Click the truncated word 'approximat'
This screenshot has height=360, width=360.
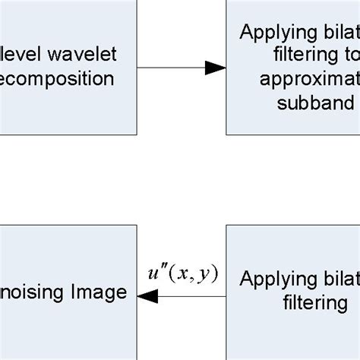pyautogui.click(x=308, y=80)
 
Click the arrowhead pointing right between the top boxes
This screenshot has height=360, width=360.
pyautogui.click(x=216, y=68)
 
